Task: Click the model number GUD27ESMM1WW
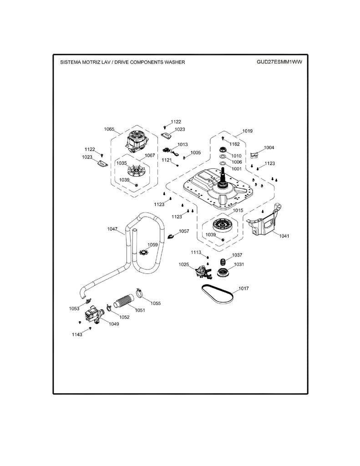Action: [279, 62]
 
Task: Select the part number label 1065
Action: [109, 129]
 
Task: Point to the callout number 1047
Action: [112, 229]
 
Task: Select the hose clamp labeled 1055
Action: [141, 292]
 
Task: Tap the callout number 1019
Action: [247, 131]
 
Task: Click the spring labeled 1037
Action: [223, 262]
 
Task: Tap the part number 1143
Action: [77, 334]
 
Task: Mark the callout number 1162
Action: [234, 144]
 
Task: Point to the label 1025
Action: [183, 264]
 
